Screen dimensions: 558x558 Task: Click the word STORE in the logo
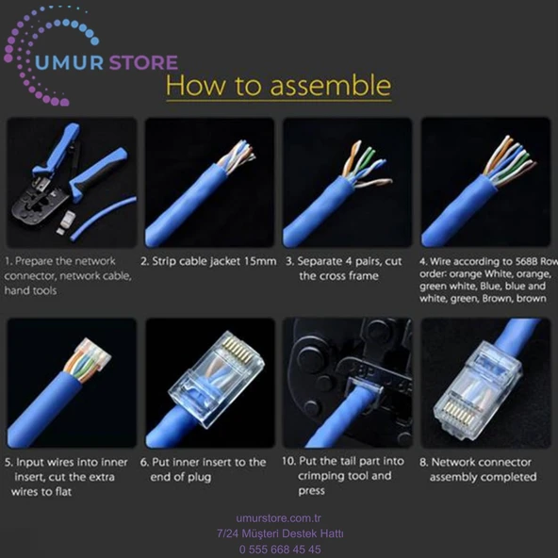[143, 62]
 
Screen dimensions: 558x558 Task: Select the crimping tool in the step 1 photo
[68, 174]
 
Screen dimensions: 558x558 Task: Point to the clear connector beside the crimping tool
[66, 222]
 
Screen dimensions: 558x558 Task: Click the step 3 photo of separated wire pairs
[347, 182]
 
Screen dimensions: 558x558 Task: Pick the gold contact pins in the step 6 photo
[238, 351]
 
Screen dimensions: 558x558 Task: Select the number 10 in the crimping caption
[288, 461]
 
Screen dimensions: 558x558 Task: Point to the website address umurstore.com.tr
[279, 518]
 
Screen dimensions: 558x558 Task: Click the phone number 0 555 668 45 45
[280, 550]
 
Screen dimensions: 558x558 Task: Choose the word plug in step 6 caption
[199, 477]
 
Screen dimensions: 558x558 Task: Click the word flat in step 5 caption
[63, 492]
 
